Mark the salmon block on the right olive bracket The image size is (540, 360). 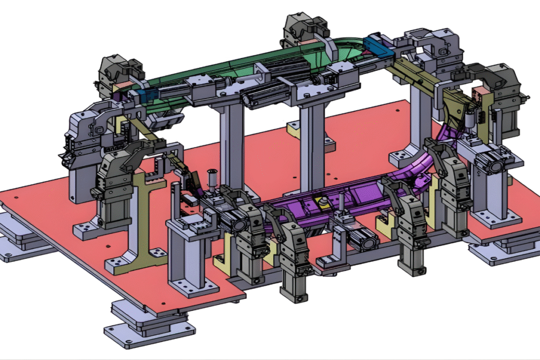coord(479,95)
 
